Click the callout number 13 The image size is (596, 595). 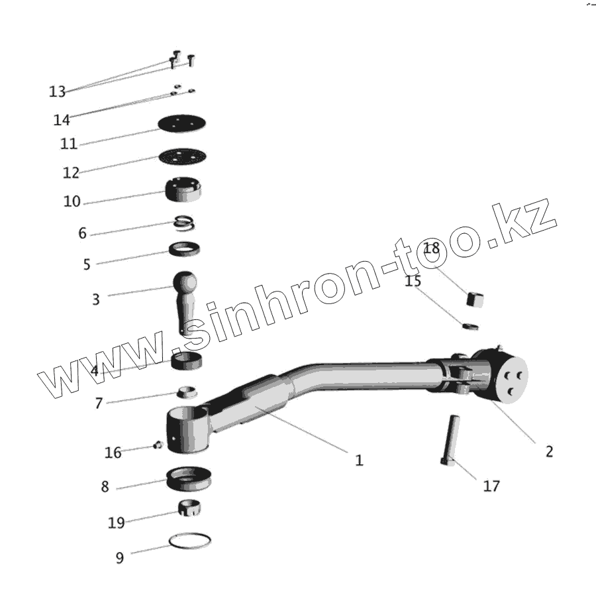(x=57, y=91)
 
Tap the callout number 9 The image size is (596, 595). (x=120, y=558)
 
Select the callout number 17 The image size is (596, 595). (x=491, y=486)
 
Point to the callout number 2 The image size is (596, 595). (x=549, y=452)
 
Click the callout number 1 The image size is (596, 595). (x=359, y=460)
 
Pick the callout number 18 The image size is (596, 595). (x=431, y=249)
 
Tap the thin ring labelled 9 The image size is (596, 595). (x=190, y=541)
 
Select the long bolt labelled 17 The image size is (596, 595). (x=450, y=440)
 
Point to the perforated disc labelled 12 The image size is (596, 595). (x=182, y=157)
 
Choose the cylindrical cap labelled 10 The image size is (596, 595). (x=183, y=191)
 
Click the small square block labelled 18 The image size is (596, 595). (x=475, y=299)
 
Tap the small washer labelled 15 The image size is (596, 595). (x=470, y=326)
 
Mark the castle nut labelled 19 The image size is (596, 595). (x=189, y=508)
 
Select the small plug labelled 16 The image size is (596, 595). (x=158, y=445)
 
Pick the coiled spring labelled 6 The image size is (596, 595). (x=185, y=225)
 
